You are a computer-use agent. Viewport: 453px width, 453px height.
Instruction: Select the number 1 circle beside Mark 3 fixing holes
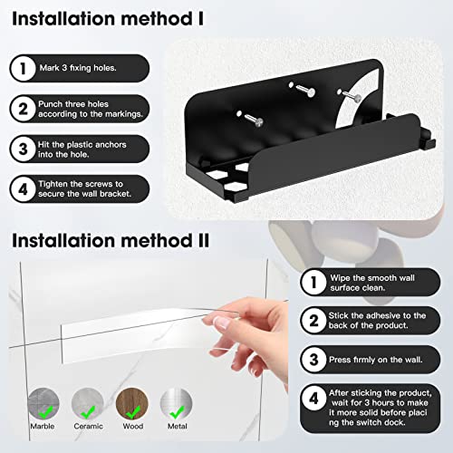[x=21, y=65]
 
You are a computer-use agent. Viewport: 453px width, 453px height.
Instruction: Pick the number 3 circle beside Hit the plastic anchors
[x=21, y=148]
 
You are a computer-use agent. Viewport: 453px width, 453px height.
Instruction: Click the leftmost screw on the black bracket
[x=248, y=115]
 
